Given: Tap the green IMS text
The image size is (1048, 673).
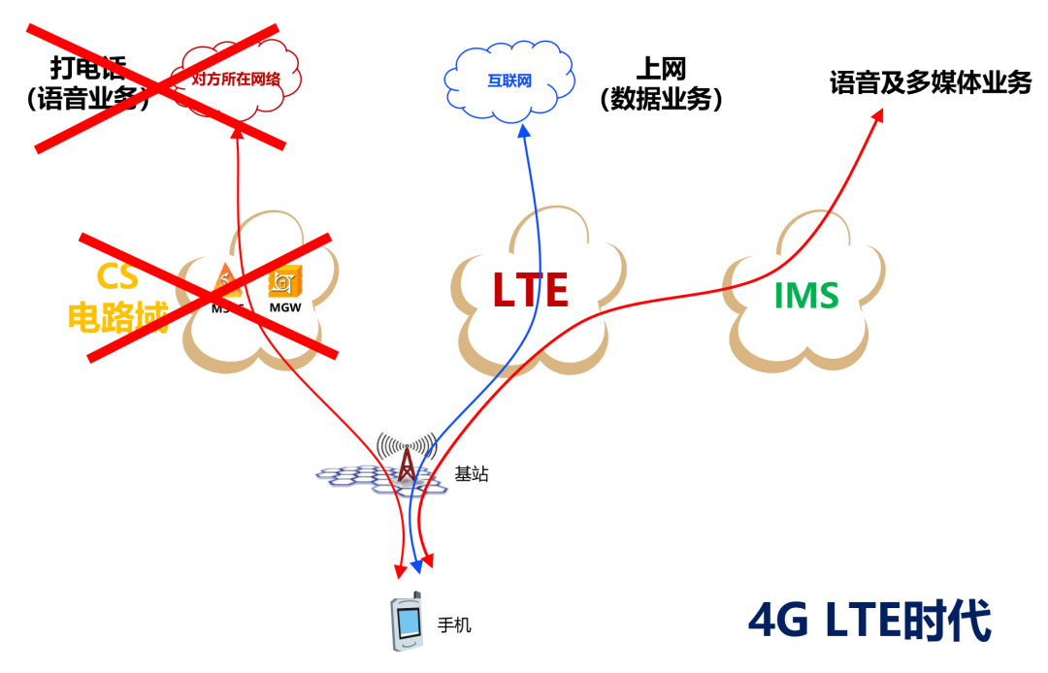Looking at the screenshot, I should (806, 294).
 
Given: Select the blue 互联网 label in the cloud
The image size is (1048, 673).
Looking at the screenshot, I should (509, 81).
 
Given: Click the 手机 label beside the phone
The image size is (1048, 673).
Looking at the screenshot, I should (454, 625).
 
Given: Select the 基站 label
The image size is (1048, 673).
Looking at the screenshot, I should (472, 475).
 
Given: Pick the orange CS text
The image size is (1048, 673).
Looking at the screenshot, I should (117, 277).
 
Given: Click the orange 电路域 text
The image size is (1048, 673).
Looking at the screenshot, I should (117, 317).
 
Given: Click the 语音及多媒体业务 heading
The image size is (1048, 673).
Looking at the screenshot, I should (930, 82).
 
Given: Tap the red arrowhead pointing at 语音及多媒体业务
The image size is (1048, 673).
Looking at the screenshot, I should (878, 115).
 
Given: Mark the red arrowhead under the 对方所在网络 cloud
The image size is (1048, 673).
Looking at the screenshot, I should (239, 134).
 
